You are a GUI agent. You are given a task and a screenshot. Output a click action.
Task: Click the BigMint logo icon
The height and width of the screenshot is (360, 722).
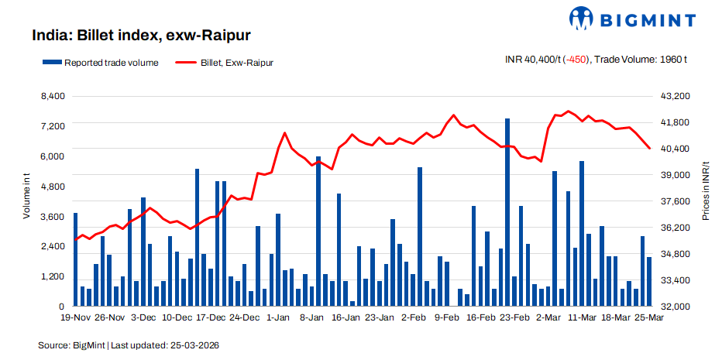tap(583, 18)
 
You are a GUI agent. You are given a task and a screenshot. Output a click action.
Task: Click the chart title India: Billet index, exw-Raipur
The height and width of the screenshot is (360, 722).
tap(140, 35)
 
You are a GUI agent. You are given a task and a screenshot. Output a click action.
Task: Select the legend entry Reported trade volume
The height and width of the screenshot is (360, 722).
tap(101, 63)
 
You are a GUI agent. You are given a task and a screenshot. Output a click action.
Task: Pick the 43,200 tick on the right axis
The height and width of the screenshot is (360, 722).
tap(674, 96)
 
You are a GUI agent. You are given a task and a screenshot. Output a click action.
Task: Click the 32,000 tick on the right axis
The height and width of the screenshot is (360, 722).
tap(674, 307)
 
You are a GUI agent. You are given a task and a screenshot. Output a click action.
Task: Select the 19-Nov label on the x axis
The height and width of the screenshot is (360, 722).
tap(76, 317)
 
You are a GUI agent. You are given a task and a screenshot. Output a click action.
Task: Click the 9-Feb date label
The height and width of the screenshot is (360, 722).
tap(447, 317)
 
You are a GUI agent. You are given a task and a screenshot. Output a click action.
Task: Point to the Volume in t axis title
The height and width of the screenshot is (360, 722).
tap(26, 198)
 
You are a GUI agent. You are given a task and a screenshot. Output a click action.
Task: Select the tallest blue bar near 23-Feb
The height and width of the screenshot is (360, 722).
tap(507, 212)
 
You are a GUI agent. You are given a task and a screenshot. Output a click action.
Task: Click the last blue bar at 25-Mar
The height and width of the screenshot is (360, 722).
tap(649, 282)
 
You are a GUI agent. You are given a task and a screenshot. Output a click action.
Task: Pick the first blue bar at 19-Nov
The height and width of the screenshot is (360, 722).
tap(76, 259)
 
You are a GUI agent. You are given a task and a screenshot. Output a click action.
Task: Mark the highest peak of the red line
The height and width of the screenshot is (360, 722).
tap(568, 111)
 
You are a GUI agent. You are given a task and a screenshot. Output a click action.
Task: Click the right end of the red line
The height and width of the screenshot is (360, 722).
tap(649, 149)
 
